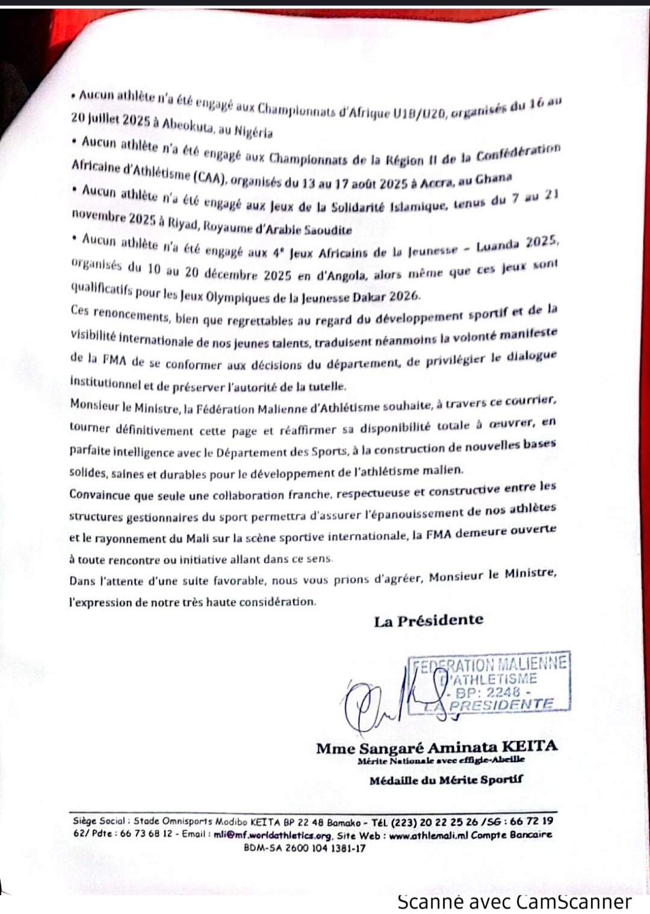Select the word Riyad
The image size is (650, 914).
pos(182,224)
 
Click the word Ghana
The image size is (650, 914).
pos(494,179)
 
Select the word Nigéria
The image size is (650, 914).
pos(253,131)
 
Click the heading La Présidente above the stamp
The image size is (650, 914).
pos(429,621)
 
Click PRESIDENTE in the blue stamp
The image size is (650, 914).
pos(501,705)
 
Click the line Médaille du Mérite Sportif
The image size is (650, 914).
pos(446,780)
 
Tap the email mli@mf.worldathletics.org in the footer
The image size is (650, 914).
pos(272,835)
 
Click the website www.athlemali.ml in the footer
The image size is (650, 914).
pos(429,835)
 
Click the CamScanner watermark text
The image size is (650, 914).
pos(515,902)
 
